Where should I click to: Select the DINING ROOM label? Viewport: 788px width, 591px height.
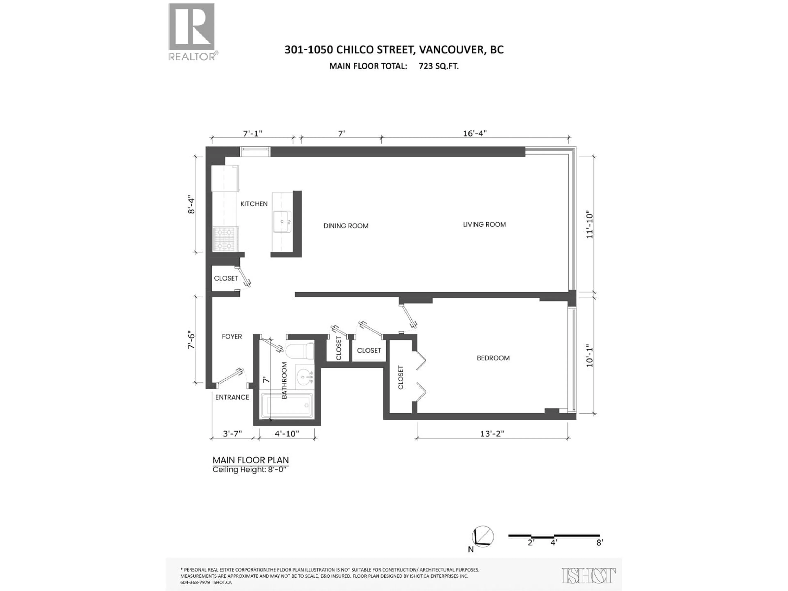point(346,226)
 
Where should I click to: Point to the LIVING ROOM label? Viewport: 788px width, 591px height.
point(484,224)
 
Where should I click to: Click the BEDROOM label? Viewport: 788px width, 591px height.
point(493,358)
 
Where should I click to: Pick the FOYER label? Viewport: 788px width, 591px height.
point(231,337)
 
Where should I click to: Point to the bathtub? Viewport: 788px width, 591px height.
point(287,405)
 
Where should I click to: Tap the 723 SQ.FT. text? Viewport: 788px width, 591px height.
point(439,66)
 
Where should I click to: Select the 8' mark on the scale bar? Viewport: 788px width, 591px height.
point(600,553)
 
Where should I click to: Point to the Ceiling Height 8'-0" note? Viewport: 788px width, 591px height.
point(249,470)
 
